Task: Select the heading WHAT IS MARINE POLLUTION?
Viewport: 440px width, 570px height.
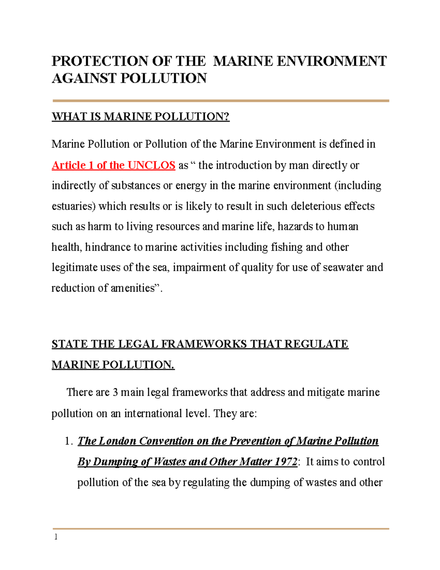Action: click(x=140, y=116)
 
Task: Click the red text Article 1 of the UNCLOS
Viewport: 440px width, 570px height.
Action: click(x=113, y=165)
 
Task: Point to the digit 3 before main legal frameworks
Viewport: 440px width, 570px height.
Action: click(x=115, y=392)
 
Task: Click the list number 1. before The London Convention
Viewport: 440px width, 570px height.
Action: click(x=69, y=441)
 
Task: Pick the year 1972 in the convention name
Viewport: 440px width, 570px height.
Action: click(x=285, y=461)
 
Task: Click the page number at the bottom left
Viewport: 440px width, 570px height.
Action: click(x=56, y=537)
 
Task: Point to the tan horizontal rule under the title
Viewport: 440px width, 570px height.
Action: click(x=220, y=101)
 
